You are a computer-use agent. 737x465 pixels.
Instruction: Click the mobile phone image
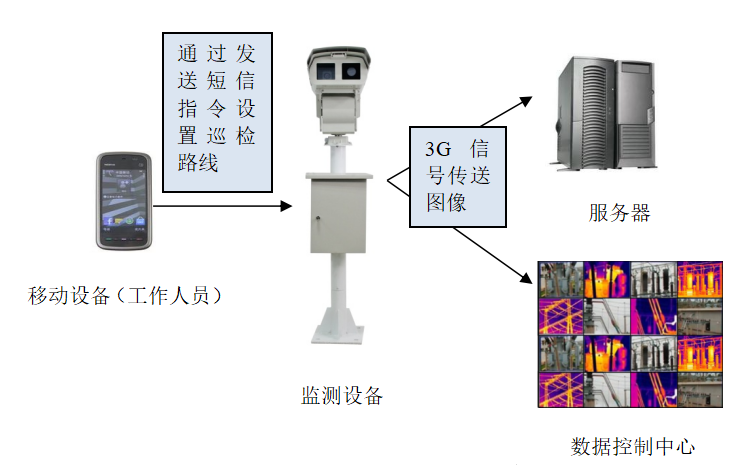123,201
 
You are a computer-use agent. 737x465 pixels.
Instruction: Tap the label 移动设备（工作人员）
125,296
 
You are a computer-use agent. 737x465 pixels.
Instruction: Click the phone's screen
123,197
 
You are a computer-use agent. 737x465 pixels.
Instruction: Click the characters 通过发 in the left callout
216,52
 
